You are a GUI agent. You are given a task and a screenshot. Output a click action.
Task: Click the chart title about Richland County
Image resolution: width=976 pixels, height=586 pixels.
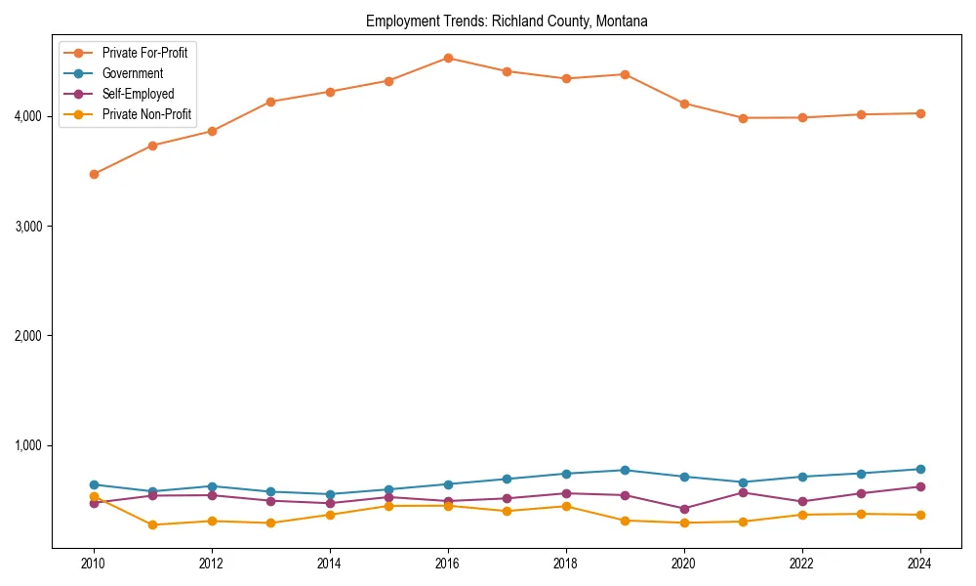click(x=507, y=21)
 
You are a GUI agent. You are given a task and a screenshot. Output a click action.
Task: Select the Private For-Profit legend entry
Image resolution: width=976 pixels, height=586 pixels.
click(x=144, y=53)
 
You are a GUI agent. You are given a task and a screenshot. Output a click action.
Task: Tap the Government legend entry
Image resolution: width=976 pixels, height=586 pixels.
click(x=132, y=73)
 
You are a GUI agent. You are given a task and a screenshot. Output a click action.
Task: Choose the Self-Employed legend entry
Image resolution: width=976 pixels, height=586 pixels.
click(x=138, y=94)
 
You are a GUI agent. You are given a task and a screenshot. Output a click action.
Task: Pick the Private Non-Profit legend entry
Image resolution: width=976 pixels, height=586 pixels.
click(x=146, y=114)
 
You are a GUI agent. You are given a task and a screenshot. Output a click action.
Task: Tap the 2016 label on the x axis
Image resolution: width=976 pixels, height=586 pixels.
click(x=447, y=564)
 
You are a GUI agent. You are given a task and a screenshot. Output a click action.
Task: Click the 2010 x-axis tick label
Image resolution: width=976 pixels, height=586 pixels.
click(x=94, y=564)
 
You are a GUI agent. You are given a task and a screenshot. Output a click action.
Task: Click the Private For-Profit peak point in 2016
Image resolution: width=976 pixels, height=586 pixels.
click(x=448, y=58)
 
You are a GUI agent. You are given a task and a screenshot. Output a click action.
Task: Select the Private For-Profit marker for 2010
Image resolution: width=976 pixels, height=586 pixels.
click(x=94, y=174)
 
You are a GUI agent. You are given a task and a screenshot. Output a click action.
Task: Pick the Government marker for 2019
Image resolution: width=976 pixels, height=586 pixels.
click(x=625, y=470)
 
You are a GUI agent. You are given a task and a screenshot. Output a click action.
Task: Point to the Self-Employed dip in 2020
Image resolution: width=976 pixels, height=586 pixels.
click(x=683, y=509)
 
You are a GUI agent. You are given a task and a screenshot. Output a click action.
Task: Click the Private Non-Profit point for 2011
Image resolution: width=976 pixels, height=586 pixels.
click(x=152, y=524)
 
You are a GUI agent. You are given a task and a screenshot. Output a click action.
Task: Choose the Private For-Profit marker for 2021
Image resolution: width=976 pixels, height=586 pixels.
click(x=743, y=118)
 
